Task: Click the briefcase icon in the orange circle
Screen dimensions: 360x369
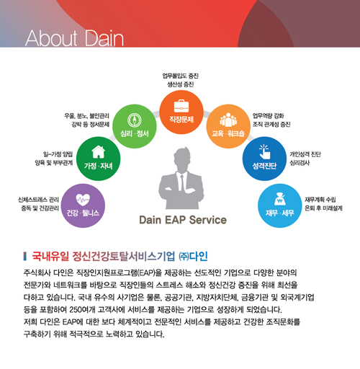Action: (x=181, y=106)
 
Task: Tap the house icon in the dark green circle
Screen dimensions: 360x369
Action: (x=99, y=152)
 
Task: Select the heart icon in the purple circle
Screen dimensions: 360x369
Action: (x=83, y=200)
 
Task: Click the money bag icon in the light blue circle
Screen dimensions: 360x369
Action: (x=280, y=199)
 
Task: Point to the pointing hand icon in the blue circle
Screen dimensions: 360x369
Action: (x=264, y=151)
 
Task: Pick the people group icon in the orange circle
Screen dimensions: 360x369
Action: (x=228, y=120)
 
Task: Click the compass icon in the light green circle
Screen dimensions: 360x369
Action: (x=135, y=120)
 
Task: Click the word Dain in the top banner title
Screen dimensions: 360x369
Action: (x=104, y=38)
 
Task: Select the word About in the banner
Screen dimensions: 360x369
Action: (x=51, y=38)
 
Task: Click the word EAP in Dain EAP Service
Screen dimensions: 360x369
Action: (x=176, y=220)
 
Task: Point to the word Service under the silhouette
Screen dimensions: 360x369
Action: (x=208, y=220)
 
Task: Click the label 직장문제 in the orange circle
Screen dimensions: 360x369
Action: (x=181, y=120)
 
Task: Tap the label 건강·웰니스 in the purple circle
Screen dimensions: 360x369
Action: (x=83, y=213)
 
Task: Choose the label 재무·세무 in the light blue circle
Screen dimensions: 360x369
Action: (x=280, y=213)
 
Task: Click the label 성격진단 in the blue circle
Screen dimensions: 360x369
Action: (x=264, y=166)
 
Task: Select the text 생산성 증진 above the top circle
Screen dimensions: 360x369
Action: (x=181, y=84)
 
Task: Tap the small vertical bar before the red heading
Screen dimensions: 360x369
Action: (x=25, y=257)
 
